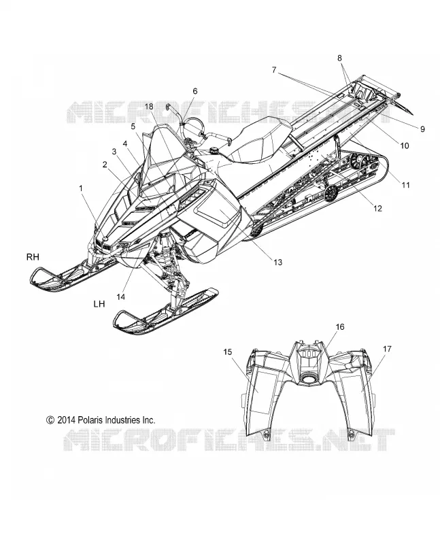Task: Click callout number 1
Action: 81,188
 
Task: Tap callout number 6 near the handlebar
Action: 195,91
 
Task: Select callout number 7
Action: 274,70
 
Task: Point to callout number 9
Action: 422,129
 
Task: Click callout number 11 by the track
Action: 405,185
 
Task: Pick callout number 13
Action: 278,262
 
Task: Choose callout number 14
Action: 121,297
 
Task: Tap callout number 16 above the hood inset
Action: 340,327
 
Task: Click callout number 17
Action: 387,349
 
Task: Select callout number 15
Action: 227,352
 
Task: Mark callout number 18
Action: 149,107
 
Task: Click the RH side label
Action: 33,257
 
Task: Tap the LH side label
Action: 99,304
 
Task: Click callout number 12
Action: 377,208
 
